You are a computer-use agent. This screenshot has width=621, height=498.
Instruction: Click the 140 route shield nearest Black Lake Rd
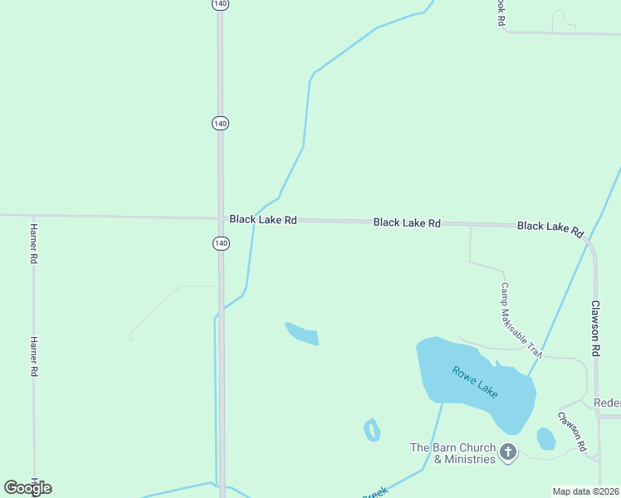pos(220,243)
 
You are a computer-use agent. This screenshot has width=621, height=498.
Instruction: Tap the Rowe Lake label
pos(475,382)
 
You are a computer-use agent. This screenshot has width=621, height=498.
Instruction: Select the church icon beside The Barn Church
pos(507,452)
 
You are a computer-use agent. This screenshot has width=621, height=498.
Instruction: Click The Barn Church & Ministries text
pos(452,453)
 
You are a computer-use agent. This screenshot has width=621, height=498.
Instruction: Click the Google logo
pos(27,488)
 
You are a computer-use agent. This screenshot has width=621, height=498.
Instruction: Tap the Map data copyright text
pos(586,491)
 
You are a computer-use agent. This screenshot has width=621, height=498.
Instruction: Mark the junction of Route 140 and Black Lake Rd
pos(220,219)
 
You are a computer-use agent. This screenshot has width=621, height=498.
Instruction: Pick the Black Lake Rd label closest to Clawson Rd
pos(550,228)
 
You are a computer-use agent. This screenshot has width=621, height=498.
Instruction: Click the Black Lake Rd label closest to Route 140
pos(263,220)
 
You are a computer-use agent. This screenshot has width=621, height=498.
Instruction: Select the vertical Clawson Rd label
pos(595,329)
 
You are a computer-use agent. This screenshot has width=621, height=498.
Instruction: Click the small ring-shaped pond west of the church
pos(372,430)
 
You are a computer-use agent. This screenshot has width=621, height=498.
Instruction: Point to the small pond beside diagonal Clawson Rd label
pos(545,438)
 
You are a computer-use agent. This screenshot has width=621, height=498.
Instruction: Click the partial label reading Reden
pos(607,403)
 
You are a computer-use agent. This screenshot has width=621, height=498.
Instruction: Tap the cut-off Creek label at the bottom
pos(374,493)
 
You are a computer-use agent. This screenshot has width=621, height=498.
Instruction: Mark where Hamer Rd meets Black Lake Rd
pos(33,216)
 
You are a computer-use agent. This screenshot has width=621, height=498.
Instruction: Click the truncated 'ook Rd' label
pos(501,12)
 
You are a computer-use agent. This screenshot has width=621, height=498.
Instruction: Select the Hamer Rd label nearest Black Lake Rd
pos(34,243)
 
